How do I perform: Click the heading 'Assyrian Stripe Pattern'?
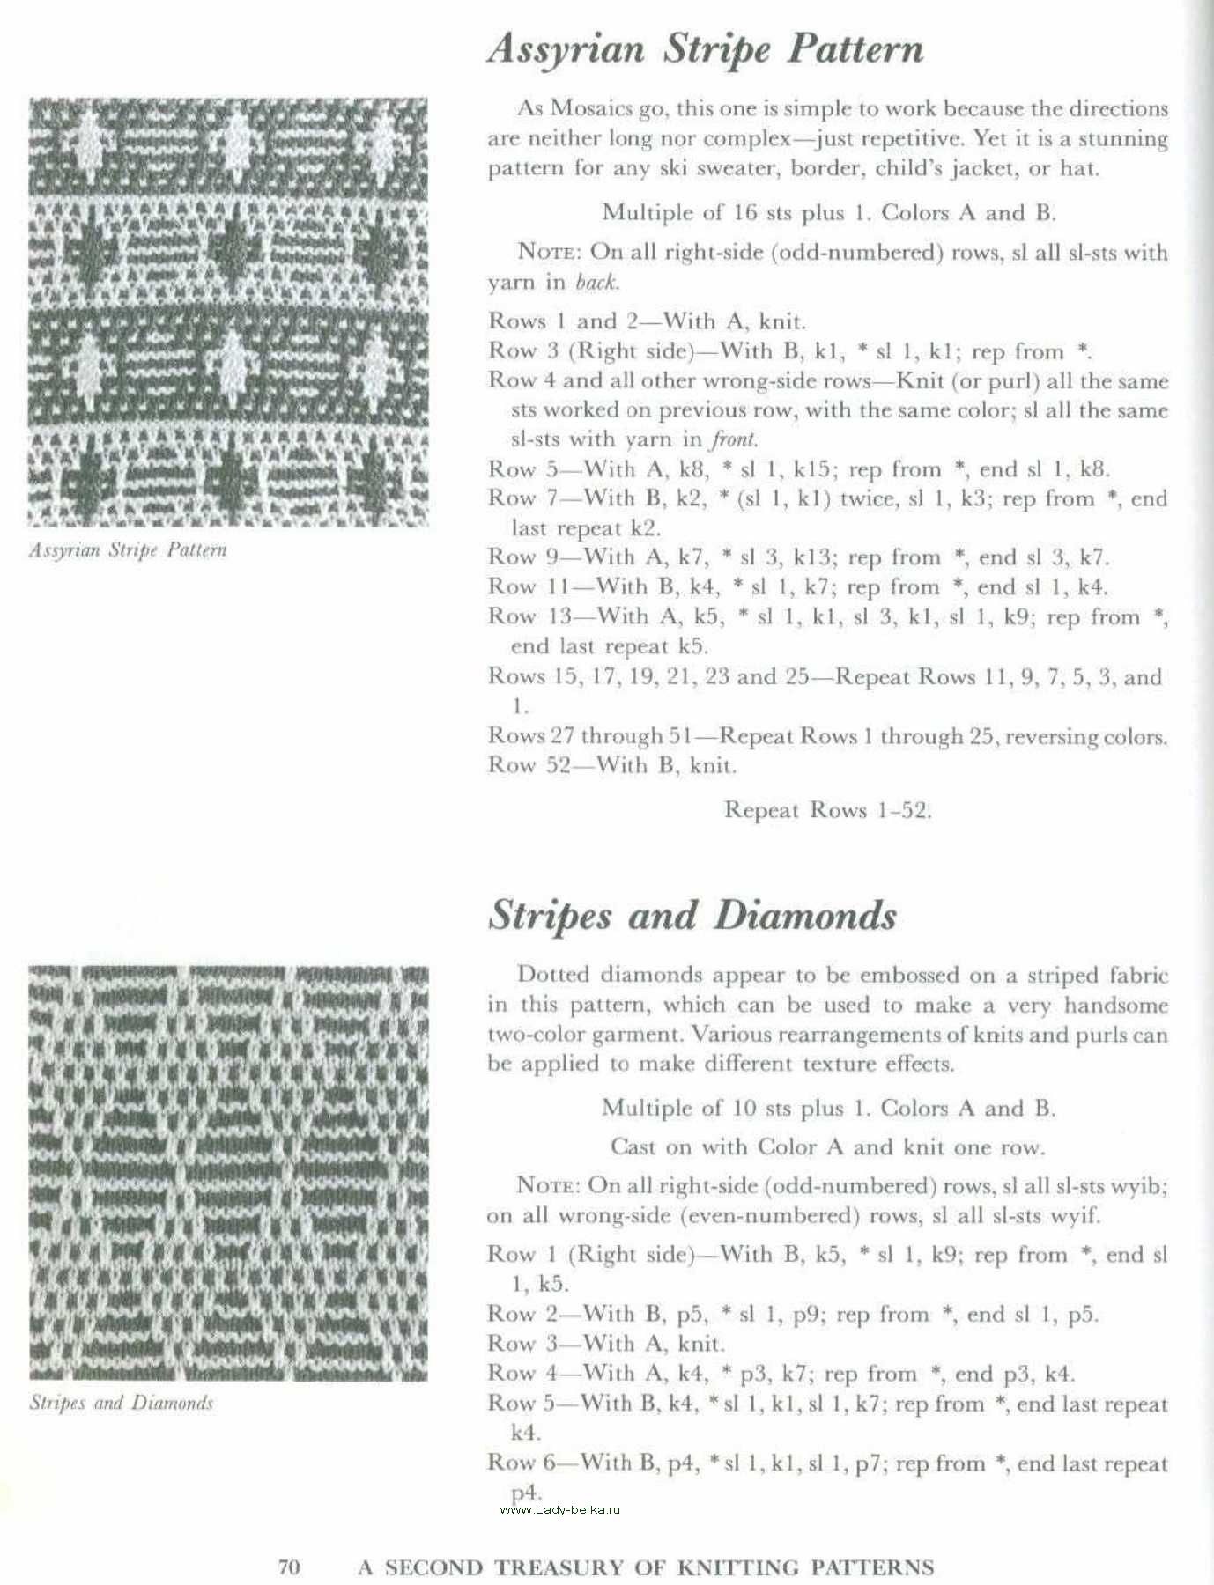pyautogui.click(x=705, y=49)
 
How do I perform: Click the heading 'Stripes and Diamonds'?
pyautogui.click(x=692, y=916)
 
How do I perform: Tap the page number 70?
pyautogui.click(x=289, y=1567)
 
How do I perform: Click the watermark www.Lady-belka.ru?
pyautogui.click(x=560, y=1510)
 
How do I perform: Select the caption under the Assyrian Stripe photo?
pyautogui.click(x=128, y=550)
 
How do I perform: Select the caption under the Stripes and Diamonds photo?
pyautogui.click(x=122, y=1403)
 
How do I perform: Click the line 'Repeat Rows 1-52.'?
pyautogui.click(x=827, y=810)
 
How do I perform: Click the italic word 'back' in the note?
pyautogui.click(x=597, y=282)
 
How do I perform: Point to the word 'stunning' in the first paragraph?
pyautogui.click(x=1123, y=138)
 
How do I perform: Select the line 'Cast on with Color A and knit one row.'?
pyautogui.click(x=827, y=1146)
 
